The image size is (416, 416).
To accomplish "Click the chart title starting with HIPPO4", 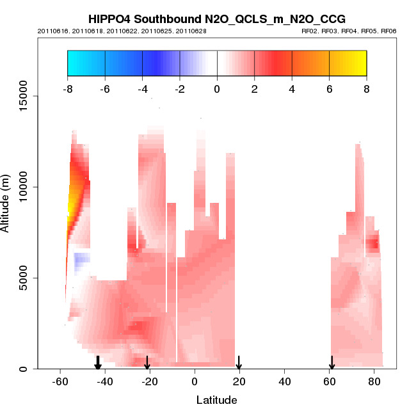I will [217, 19].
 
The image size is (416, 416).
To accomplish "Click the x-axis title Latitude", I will [216, 401].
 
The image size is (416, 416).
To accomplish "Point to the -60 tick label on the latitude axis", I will [60, 381].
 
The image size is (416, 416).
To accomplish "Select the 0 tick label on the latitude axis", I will [195, 381].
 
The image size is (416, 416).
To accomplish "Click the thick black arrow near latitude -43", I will [98, 363].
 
